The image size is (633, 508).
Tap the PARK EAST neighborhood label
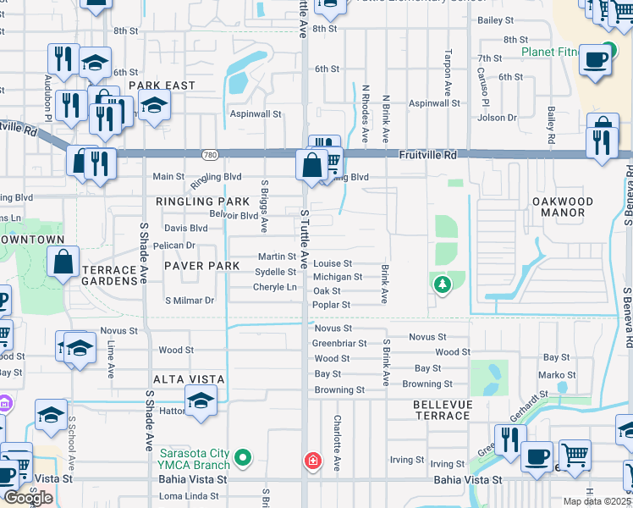click(x=162, y=86)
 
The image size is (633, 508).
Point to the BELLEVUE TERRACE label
click(x=442, y=410)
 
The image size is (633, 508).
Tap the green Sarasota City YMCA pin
click(x=244, y=460)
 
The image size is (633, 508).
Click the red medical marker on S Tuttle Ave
click(x=312, y=461)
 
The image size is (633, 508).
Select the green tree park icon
click(x=442, y=285)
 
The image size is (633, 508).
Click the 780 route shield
click(x=211, y=154)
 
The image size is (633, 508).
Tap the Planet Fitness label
click(x=550, y=52)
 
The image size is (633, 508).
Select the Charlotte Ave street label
click(x=337, y=443)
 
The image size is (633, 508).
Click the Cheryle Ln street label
click(x=275, y=287)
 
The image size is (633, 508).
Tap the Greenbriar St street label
click(x=339, y=344)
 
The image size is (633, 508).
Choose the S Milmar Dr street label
click(x=190, y=300)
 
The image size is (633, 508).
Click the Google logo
click(x=29, y=498)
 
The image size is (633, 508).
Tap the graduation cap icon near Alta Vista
click(x=201, y=400)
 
